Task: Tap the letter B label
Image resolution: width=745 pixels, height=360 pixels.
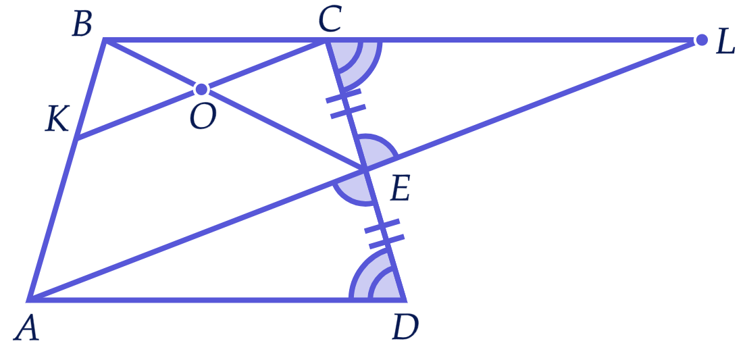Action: (x=82, y=26)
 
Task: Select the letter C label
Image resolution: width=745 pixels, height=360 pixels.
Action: (x=330, y=20)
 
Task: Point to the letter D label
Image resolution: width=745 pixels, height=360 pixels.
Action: (x=405, y=328)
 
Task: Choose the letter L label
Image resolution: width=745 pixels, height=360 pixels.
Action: (x=725, y=44)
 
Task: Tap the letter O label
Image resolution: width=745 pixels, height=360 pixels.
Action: (x=203, y=117)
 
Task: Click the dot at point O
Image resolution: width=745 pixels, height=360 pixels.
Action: (x=201, y=88)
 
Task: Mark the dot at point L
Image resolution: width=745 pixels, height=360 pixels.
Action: (x=701, y=40)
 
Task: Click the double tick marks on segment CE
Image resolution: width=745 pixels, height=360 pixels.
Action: (x=346, y=103)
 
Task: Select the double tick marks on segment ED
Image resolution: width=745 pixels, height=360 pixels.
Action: (x=384, y=234)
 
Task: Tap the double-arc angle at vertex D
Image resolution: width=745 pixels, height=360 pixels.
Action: (x=376, y=278)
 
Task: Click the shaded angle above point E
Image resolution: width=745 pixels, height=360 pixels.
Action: (x=377, y=149)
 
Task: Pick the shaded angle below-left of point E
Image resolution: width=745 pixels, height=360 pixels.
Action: (x=354, y=190)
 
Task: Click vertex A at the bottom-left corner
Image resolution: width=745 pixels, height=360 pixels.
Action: (x=28, y=300)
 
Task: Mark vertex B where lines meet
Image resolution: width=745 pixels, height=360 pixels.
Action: (x=105, y=41)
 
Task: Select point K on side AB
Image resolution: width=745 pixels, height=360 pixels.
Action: (x=76, y=139)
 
